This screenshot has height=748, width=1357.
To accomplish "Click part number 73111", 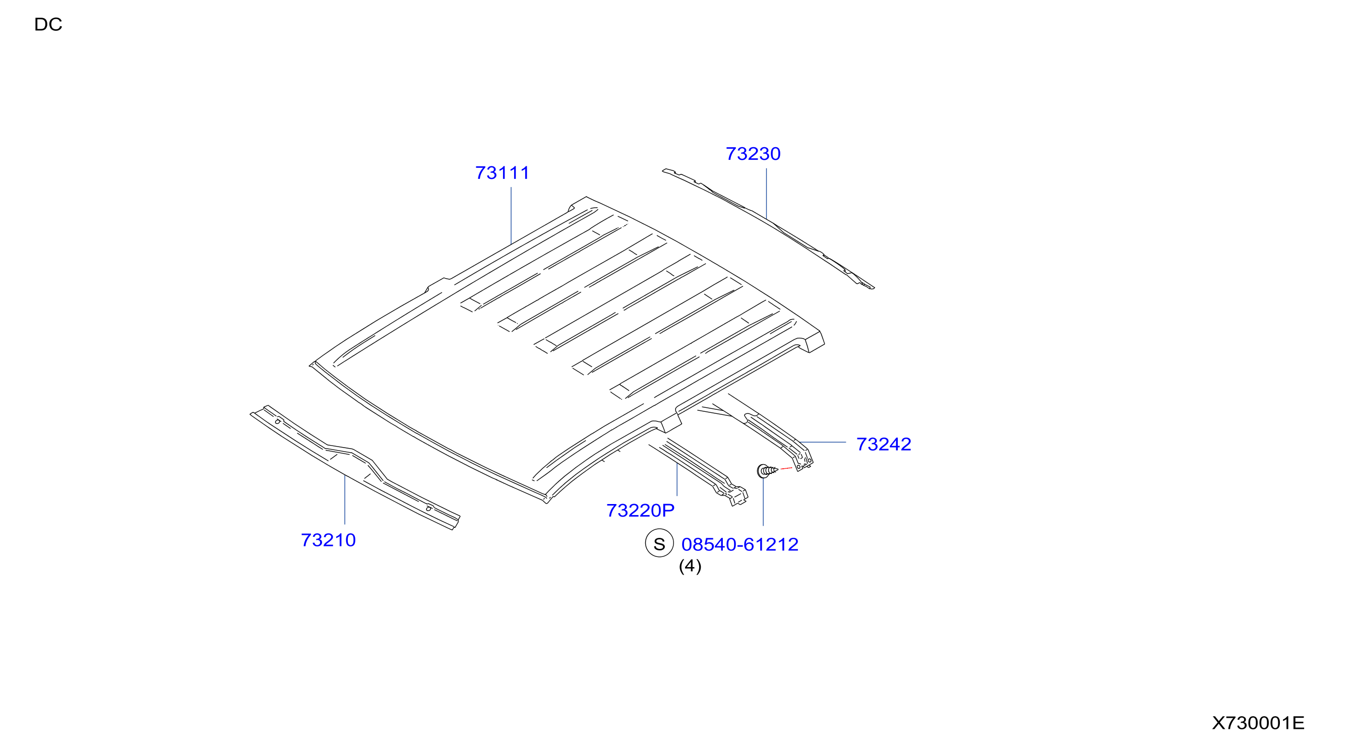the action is [x=502, y=173].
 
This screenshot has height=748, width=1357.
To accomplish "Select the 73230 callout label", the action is [x=753, y=154].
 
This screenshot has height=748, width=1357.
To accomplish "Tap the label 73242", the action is [x=884, y=444].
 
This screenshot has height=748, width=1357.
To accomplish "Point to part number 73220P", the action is [x=640, y=511].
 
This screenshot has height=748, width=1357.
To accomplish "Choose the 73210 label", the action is [x=328, y=540].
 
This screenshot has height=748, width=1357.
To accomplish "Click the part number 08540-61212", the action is [x=739, y=544].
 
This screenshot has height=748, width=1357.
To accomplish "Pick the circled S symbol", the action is [x=659, y=544].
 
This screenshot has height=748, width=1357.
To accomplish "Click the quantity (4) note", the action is [x=690, y=566].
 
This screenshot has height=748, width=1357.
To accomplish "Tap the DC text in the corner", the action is [x=48, y=24].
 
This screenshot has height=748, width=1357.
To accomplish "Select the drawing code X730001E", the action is [x=1258, y=723].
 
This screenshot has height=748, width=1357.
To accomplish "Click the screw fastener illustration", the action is [x=767, y=470].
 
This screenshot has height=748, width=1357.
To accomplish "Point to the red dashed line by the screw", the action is [x=786, y=468].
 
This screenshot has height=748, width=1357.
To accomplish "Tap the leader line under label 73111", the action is [x=511, y=215].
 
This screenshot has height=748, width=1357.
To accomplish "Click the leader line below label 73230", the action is [x=766, y=194].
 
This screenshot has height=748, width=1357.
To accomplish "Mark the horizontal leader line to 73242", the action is [x=822, y=442].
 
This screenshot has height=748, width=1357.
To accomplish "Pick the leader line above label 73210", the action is [x=344, y=499].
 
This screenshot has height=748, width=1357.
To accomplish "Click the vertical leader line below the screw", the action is [x=763, y=502].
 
